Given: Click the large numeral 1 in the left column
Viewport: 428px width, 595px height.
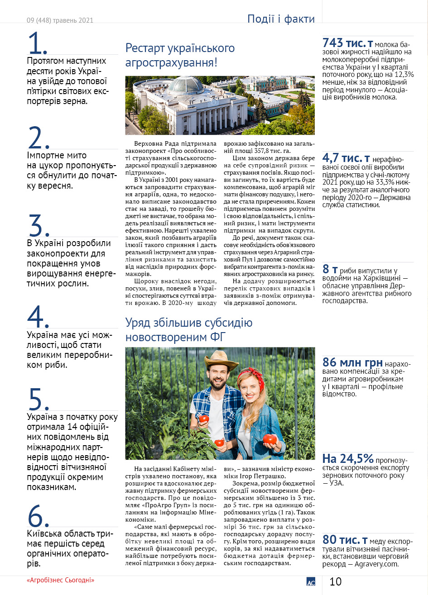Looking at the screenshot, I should pyautogui.click(x=38, y=43).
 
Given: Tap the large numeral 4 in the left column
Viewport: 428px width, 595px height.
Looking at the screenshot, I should pyautogui.click(x=38, y=317).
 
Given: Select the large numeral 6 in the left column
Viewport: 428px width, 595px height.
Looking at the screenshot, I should pyautogui.click(x=38, y=516).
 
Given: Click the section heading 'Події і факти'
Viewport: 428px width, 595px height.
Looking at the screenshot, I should pyautogui.click(x=281, y=19).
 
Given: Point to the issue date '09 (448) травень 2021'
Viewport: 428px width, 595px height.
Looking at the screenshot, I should pyautogui.click(x=60, y=20).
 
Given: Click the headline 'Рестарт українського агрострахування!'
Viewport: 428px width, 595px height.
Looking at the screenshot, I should pyautogui.click(x=180, y=55).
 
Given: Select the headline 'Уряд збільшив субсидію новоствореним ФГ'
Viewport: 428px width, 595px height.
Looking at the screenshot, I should pyautogui.click(x=189, y=330).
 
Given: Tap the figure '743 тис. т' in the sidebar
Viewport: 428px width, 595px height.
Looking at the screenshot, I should pyautogui.click(x=347, y=43).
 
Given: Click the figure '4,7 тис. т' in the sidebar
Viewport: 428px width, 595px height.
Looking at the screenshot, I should pyautogui.click(x=346, y=158).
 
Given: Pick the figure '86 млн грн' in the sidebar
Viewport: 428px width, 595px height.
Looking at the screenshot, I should pyautogui.click(x=352, y=362).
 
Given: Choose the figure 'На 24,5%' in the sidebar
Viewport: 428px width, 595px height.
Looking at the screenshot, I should pyautogui.click(x=348, y=459).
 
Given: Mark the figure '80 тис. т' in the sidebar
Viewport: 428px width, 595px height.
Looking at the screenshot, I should pyautogui.click(x=345, y=539).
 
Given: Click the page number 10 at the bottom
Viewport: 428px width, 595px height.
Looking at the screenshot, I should pyautogui.click(x=336, y=581).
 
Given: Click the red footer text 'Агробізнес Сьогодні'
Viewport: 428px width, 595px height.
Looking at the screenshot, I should pyautogui.click(x=61, y=580).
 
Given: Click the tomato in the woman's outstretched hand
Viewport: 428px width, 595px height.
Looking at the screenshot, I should pyautogui.click(x=269, y=438).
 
